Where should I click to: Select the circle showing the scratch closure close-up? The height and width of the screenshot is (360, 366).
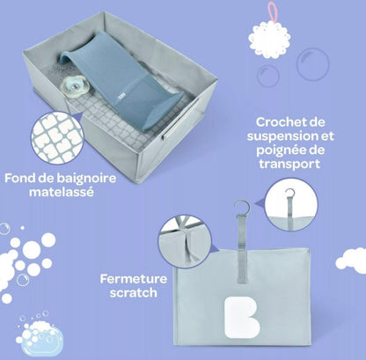tap(182, 241)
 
